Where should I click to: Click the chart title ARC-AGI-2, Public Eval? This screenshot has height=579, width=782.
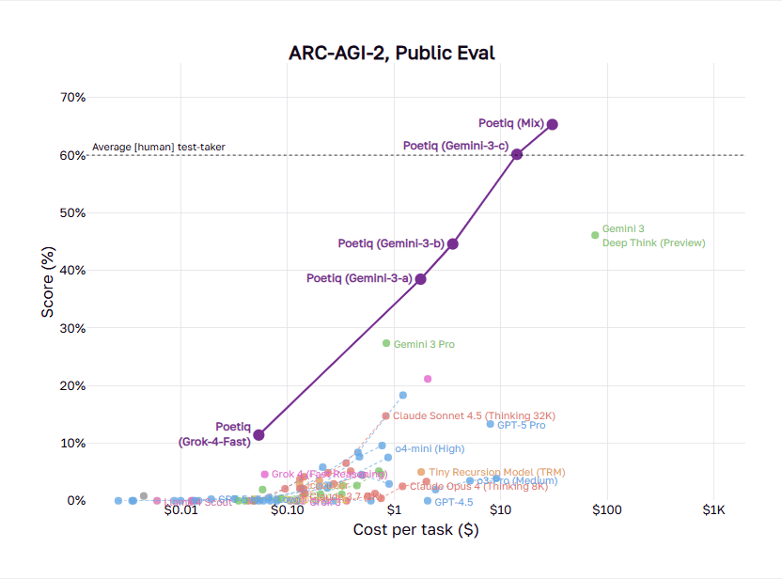(x=391, y=53)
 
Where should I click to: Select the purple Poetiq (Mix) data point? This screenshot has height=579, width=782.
(x=553, y=124)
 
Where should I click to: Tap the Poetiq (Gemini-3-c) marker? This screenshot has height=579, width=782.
(x=517, y=154)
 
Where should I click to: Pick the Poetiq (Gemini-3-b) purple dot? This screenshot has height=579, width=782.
(x=453, y=243)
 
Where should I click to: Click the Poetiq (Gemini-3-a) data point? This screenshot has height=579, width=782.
(x=421, y=279)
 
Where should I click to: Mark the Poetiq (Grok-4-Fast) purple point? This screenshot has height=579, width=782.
(x=258, y=435)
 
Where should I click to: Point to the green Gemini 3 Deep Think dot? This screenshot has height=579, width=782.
(x=595, y=235)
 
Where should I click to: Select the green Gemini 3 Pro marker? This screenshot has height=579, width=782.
(x=386, y=343)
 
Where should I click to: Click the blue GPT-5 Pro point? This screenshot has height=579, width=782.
(x=490, y=424)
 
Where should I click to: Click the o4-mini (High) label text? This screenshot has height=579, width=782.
(x=430, y=448)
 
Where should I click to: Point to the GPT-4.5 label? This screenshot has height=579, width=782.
(x=454, y=503)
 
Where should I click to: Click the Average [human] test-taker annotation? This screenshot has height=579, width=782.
(x=158, y=148)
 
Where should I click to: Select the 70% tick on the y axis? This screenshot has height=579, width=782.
(x=73, y=97)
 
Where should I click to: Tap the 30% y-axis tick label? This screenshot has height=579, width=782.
(x=73, y=328)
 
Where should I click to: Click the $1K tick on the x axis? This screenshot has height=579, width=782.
(x=713, y=512)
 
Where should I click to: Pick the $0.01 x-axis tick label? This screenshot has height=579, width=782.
(x=180, y=512)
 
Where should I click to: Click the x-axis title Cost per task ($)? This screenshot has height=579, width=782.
(x=415, y=531)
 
